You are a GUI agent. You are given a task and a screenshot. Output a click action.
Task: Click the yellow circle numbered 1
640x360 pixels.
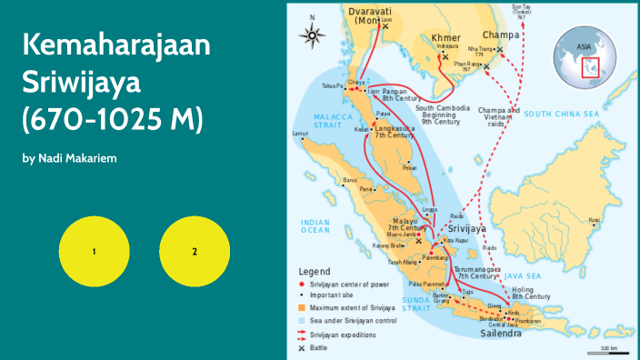point(94,251)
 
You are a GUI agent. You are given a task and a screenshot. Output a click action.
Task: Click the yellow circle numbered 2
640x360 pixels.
point(194,251)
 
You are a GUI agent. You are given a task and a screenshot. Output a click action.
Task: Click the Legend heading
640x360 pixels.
point(315,271)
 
